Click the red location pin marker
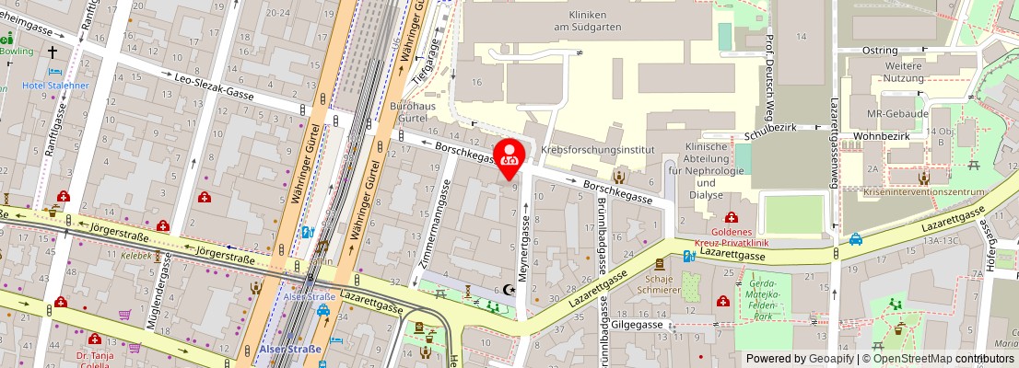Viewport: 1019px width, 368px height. pyautogui.click(x=510, y=157)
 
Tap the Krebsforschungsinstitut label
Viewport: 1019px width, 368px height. pyautogui.click(x=597, y=149)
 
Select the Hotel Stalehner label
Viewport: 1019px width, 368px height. pyautogui.click(x=56, y=86)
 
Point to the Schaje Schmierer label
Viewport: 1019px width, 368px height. pyautogui.click(x=659, y=284)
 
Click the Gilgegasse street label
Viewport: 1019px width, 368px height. pyautogui.click(x=637, y=325)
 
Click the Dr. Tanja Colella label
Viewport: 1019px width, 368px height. pyautogui.click(x=94, y=357)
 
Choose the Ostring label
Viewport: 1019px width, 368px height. pyautogui.click(x=880, y=50)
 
